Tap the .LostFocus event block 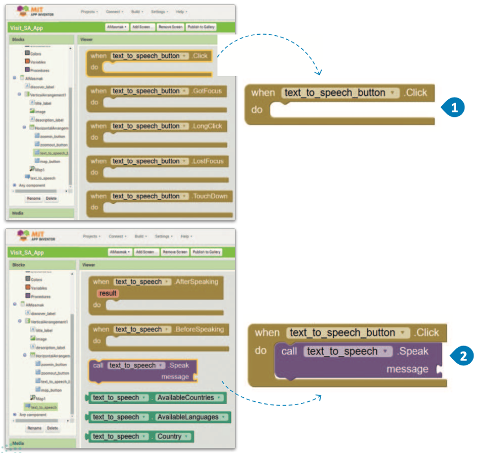(209, 161)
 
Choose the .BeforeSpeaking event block (199, 329)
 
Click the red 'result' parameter (107, 293)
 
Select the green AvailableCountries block (189, 397)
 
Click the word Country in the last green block (169, 436)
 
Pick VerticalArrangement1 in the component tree (50, 321)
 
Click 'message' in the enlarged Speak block (407, 369)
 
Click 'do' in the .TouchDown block (94, 207)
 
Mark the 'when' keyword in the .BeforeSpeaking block (101, 329)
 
